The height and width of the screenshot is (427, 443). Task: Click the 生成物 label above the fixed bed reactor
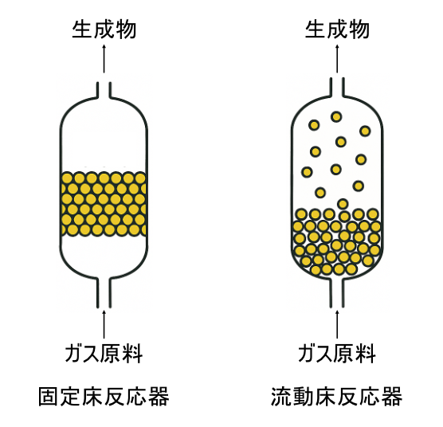pyautogui.click(x=104, y=29)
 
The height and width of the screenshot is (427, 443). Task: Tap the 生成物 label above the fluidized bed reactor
pyautogui.click(x=337, y=29)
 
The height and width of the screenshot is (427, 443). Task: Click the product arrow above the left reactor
pyautogui.click(x=104, y=60)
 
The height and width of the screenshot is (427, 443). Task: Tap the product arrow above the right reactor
pyautogui.click(x=337, y=60)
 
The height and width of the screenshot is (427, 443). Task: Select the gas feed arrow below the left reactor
pyautogui.click(x=104, y=323)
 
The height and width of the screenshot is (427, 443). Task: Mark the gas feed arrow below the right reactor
pyautogui.click(x=337, y=323)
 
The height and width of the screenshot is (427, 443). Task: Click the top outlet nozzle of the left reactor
pyautogui.click(x=104, y=89)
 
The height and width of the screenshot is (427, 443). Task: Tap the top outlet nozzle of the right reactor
pyautogui.click(x=337, y=89)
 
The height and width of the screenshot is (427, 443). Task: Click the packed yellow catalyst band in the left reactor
pyautogui.click(x=104, y=204)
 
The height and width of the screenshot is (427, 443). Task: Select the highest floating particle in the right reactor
pyautogui.click(x=336, y=116)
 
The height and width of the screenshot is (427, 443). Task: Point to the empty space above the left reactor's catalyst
pyautogui.click(x=104, y=135)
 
